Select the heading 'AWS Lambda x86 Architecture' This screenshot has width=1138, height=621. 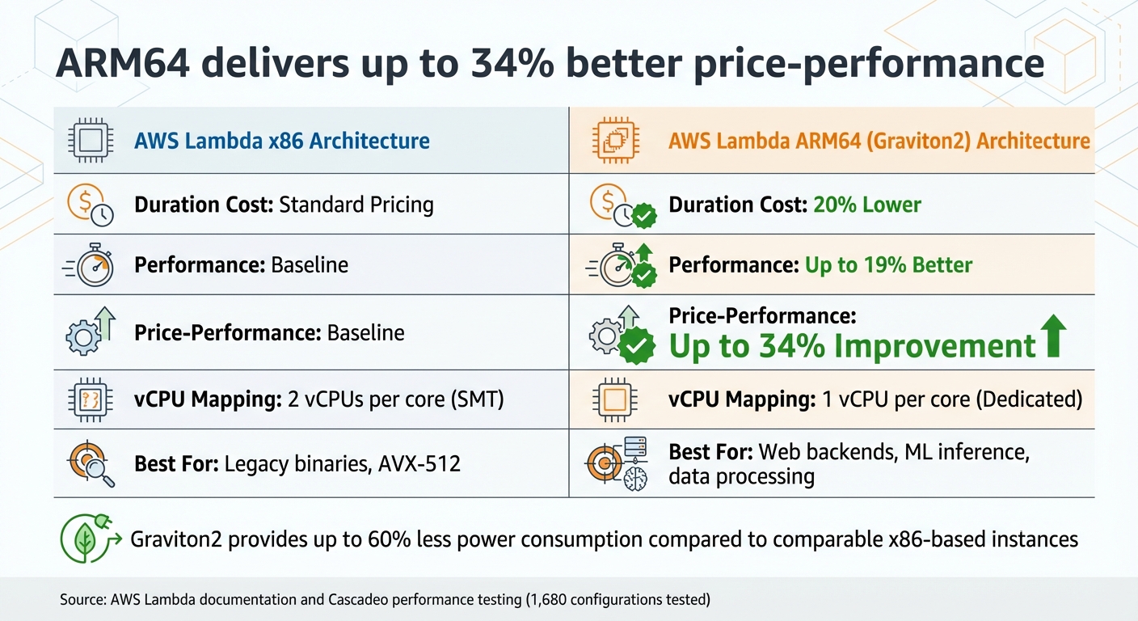(282, 141)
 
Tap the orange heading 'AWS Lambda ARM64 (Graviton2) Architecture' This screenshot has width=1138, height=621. (879, 141)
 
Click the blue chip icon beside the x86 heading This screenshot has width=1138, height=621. (89, 140)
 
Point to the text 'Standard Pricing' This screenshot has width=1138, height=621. (356, 205)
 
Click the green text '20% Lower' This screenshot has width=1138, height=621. (866, 205)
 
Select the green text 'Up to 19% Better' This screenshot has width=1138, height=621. (889, 264)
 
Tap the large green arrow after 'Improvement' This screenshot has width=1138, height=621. (1052, 337)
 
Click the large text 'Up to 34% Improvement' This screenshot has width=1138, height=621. (853, 346)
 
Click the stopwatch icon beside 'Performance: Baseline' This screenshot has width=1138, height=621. (91, 265)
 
